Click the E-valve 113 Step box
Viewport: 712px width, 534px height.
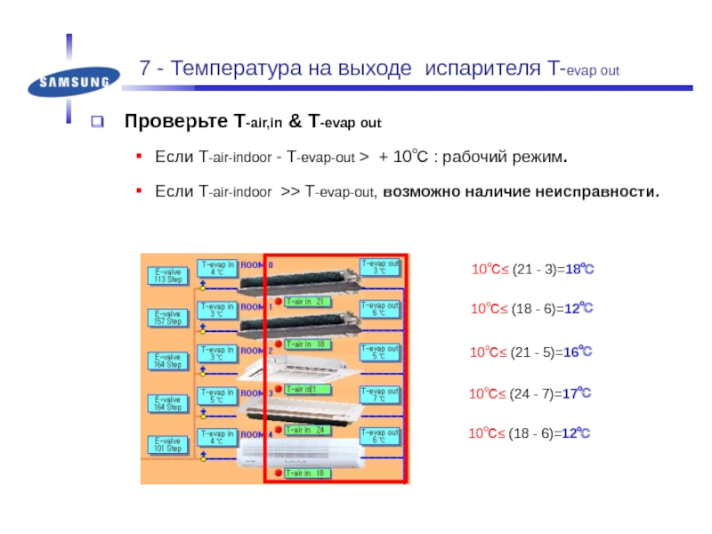tap(167, 275)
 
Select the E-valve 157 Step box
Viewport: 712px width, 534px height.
tap(167, 318)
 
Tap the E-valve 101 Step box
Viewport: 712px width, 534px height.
tap(167, 445)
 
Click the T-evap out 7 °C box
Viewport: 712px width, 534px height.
tap(378, 395)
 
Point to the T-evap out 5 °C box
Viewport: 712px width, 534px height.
tap(378, 352)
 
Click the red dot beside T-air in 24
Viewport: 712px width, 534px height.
tap(277, 430)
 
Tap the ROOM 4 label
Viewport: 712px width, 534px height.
tap(256, 435)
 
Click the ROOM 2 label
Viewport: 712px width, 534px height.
tap(256, 350)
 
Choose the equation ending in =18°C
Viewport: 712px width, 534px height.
tap(531, 269)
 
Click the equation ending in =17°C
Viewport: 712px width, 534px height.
tap(530, 392)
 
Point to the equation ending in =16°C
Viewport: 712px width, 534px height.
tap(530, 352)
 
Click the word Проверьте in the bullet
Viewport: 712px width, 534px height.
tap(176, 121)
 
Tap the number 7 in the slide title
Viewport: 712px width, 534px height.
tap(145, 69)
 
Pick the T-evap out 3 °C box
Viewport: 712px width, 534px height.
tap(378, 267)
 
